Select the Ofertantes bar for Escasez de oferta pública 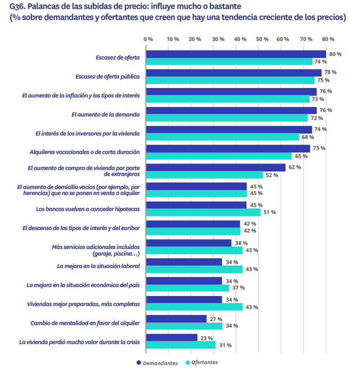click(231, 80)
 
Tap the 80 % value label click(335, 54)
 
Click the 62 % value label click(295, 167)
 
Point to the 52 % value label click(272, 175)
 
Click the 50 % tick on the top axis click(262, 39)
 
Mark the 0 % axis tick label click(148, 39)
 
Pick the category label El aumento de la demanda click(106, 115)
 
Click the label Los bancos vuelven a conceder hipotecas click(88, 209)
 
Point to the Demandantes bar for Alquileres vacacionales click(229, 148)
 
